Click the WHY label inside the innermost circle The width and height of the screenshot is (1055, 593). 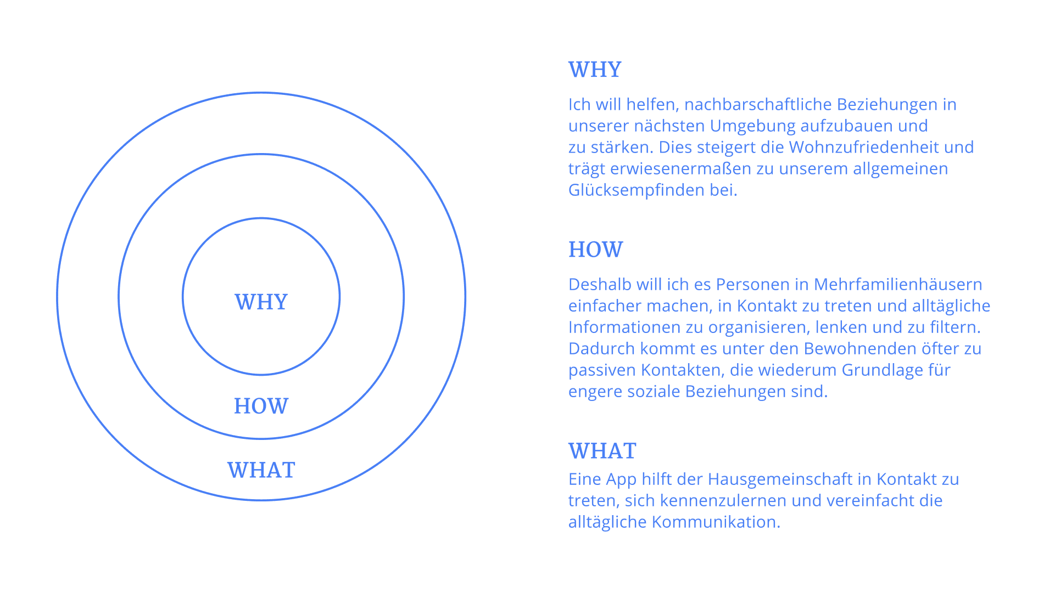261,302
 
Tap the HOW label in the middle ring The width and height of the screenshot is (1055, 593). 261,406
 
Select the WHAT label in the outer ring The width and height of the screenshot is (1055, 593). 261,471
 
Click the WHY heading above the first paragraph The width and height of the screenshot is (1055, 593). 595,70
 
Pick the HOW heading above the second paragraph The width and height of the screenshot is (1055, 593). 595,250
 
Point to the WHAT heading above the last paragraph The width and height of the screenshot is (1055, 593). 602,451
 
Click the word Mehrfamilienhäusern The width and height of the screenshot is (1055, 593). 898,284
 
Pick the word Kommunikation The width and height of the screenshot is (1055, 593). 716,522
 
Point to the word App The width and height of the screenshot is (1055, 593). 621,479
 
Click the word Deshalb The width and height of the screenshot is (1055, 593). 600,284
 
